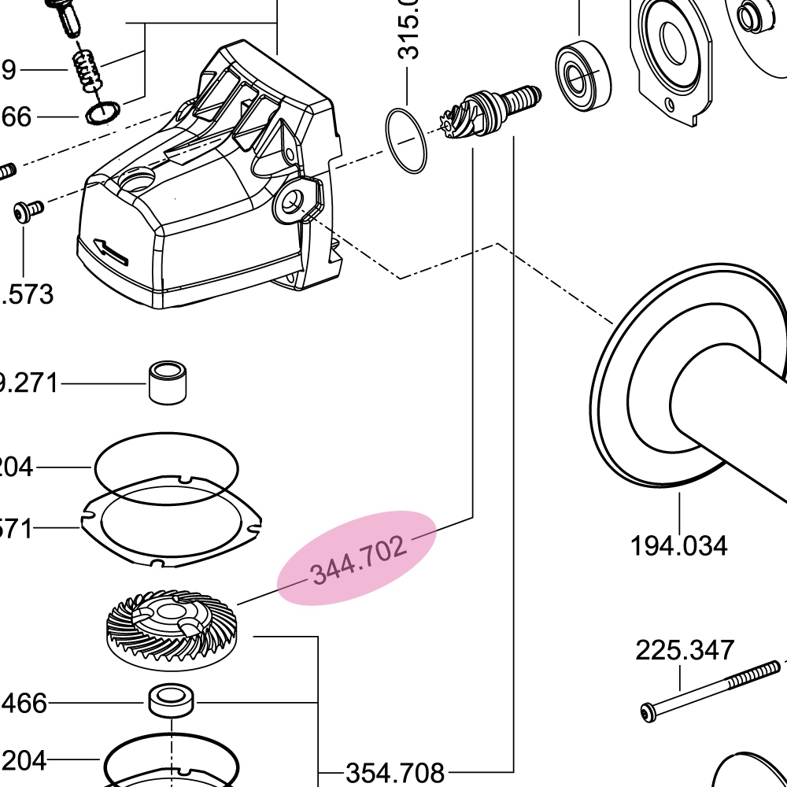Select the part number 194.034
tap(678, 545)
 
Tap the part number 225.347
tap(685, 651)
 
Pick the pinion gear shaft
tap(492, 111)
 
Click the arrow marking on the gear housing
tap(110, 249)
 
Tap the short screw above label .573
tap(28, 211)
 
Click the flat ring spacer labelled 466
tap(172, 700)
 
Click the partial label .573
tap(28, 294)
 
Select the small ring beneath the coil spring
tap(102, 112)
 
